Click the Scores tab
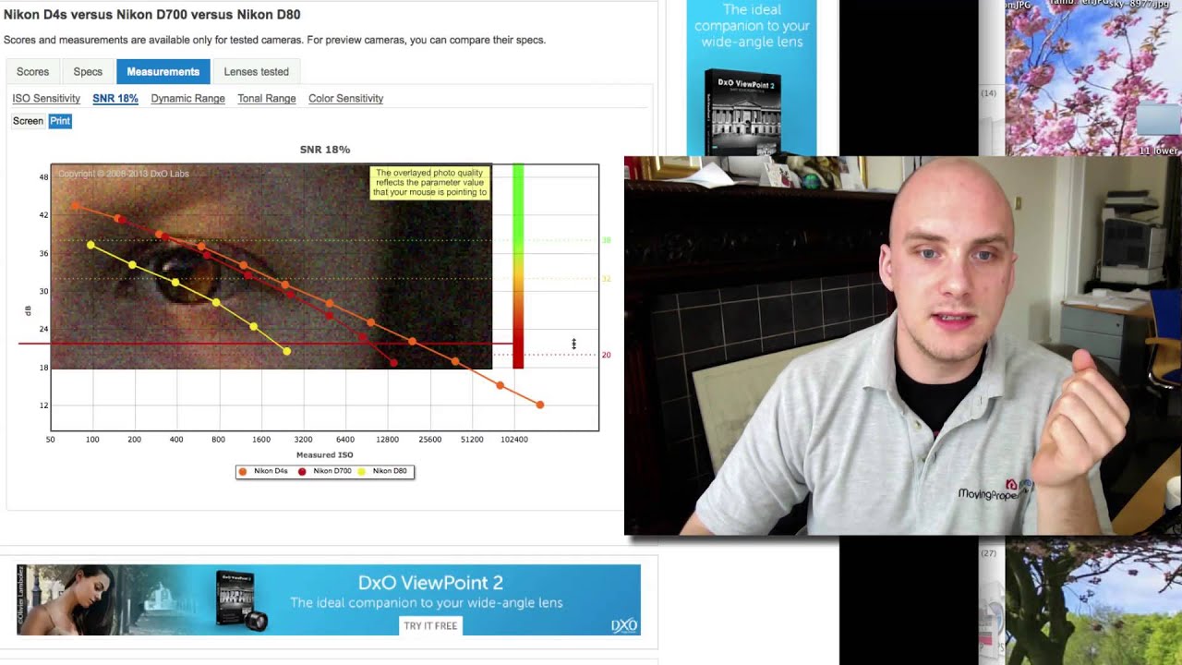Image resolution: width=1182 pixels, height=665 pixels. click(32, 72)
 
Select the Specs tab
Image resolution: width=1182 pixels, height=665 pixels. click(88, 72)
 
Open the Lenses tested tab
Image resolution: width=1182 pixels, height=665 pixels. click(256, 72)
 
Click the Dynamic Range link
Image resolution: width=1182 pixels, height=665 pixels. click(187, 99)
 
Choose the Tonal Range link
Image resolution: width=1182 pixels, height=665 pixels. click(266, 99)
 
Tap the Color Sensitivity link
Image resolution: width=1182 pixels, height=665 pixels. click(345, 99)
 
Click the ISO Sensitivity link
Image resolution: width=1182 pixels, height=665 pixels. click(46, 99)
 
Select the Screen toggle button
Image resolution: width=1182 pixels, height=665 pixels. click(28, 121)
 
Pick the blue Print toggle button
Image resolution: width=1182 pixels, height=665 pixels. click(60, 121)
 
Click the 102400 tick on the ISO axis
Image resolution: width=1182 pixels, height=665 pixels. click(514, 440)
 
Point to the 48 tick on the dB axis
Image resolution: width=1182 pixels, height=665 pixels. click(43, 176)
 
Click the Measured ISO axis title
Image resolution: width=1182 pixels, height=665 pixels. click(324, 455)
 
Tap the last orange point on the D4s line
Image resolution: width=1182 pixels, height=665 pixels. click(540, 405)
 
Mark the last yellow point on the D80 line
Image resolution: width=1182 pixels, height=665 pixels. click(287, 351)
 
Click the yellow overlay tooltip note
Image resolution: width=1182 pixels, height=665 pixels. click(430, 183)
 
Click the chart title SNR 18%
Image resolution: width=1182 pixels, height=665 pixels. click(325, 150)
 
